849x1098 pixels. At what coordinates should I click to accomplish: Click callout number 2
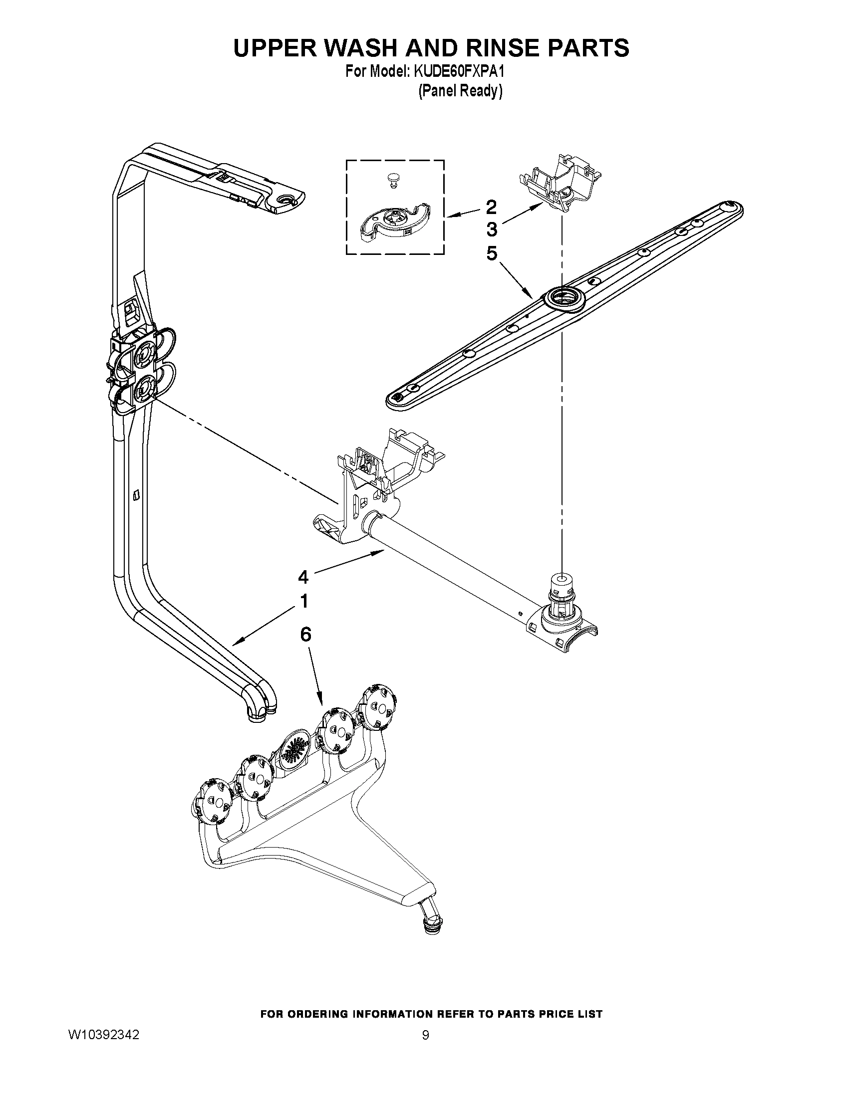click(491, 207)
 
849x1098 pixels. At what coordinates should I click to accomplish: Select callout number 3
click(492, 230)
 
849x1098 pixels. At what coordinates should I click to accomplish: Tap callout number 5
click(492, 254)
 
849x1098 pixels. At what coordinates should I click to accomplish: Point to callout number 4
click(303, 578)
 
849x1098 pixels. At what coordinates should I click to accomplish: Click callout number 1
click(303, 601)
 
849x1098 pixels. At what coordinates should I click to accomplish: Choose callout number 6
click(305, 635)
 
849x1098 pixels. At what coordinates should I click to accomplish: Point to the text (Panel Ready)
click(461, 91)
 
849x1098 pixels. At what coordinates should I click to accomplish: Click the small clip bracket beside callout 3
click(560, 187)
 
